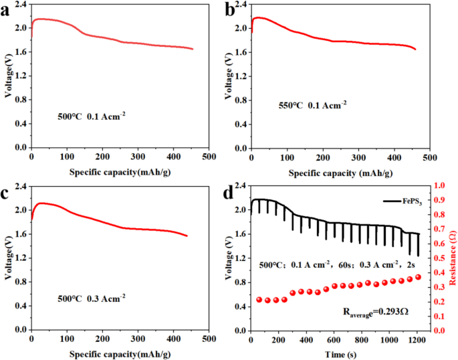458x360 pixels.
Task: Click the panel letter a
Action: coord(7,9)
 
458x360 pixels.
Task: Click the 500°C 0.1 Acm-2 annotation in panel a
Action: coord(92,114)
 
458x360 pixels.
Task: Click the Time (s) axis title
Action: coord(334,351)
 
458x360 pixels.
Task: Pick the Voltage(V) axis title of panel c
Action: coord(7,258)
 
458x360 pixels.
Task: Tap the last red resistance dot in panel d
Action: coord(419,277)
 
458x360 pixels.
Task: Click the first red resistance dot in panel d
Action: coord(259,299)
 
